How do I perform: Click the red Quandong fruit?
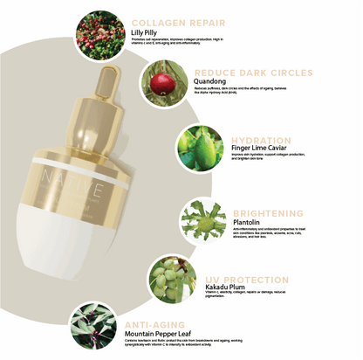[161, 84]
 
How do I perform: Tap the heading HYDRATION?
[261, 140]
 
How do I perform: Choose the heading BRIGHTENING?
[269, 212]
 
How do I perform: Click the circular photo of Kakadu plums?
[170, 279]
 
